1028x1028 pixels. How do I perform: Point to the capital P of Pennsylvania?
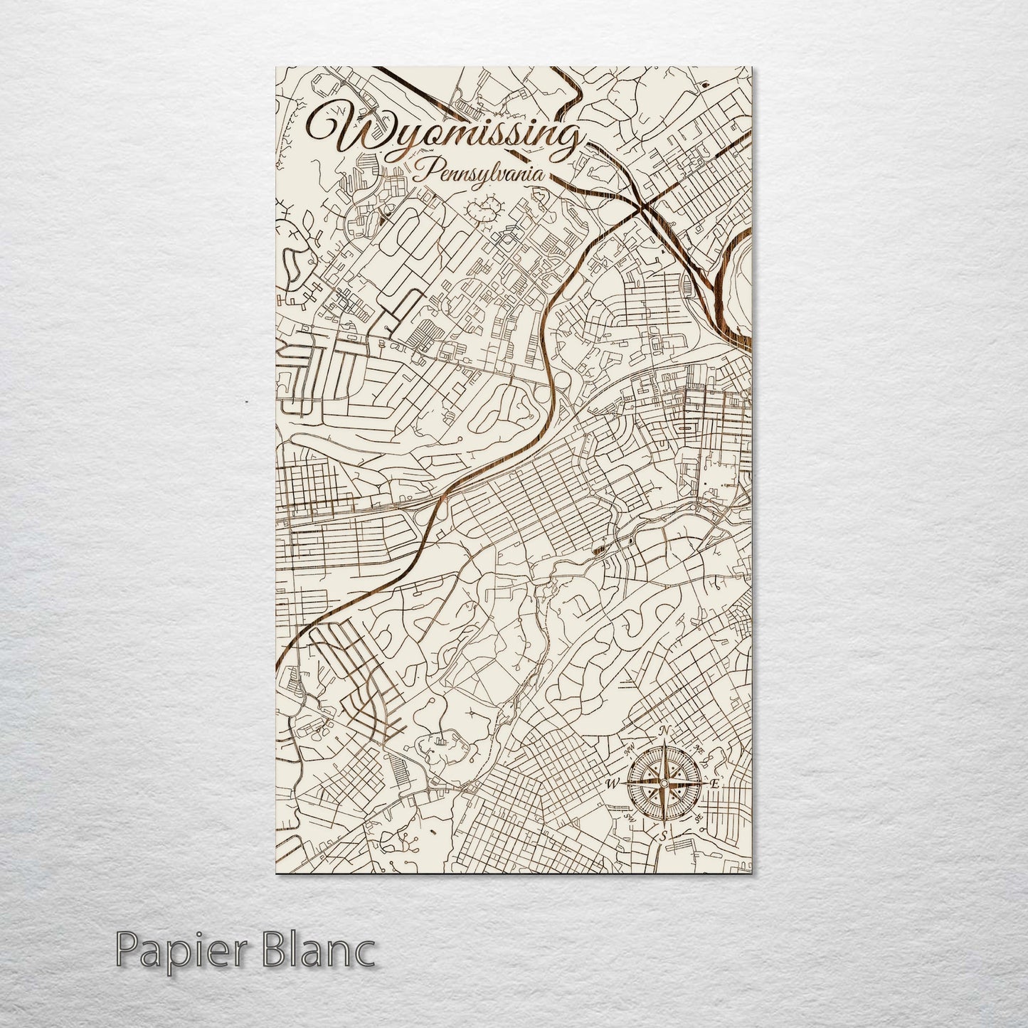click(x=425, y=171)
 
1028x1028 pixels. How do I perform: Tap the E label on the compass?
click(x=715, y=783)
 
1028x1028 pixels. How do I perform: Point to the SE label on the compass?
click(x=699, y=818)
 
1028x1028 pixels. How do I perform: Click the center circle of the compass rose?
click(x=663, y=783)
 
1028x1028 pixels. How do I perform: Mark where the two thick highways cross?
click(x=645, y=207)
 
